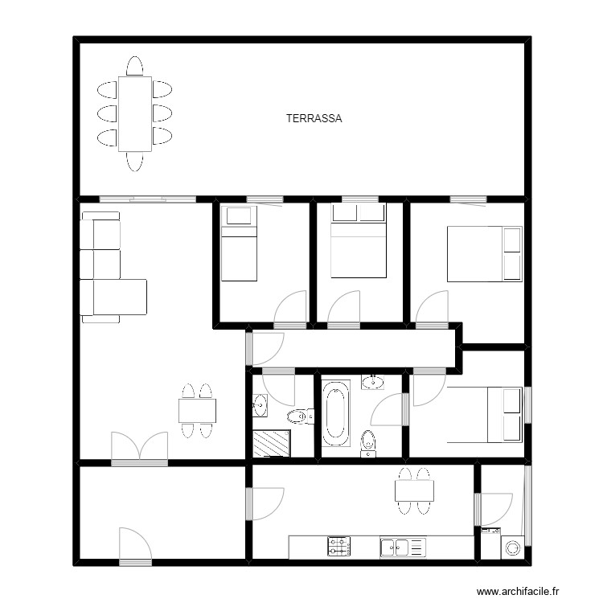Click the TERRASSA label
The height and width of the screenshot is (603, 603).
(314, 118)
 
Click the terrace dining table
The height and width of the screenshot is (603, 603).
(134, 113)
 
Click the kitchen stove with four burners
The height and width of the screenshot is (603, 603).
(339, 548)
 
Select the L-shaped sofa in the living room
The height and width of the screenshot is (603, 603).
(108, 269)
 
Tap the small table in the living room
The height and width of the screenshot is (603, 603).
(197, 411)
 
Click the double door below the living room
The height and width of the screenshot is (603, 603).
(139, 448)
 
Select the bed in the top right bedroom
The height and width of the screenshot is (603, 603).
(483, 254)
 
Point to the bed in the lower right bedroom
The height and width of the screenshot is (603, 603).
(483, 414)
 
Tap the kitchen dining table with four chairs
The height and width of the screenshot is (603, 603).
(415, 489)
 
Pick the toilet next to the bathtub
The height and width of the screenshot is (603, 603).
(368, 441)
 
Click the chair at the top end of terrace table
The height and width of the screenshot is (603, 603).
(134, 65)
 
